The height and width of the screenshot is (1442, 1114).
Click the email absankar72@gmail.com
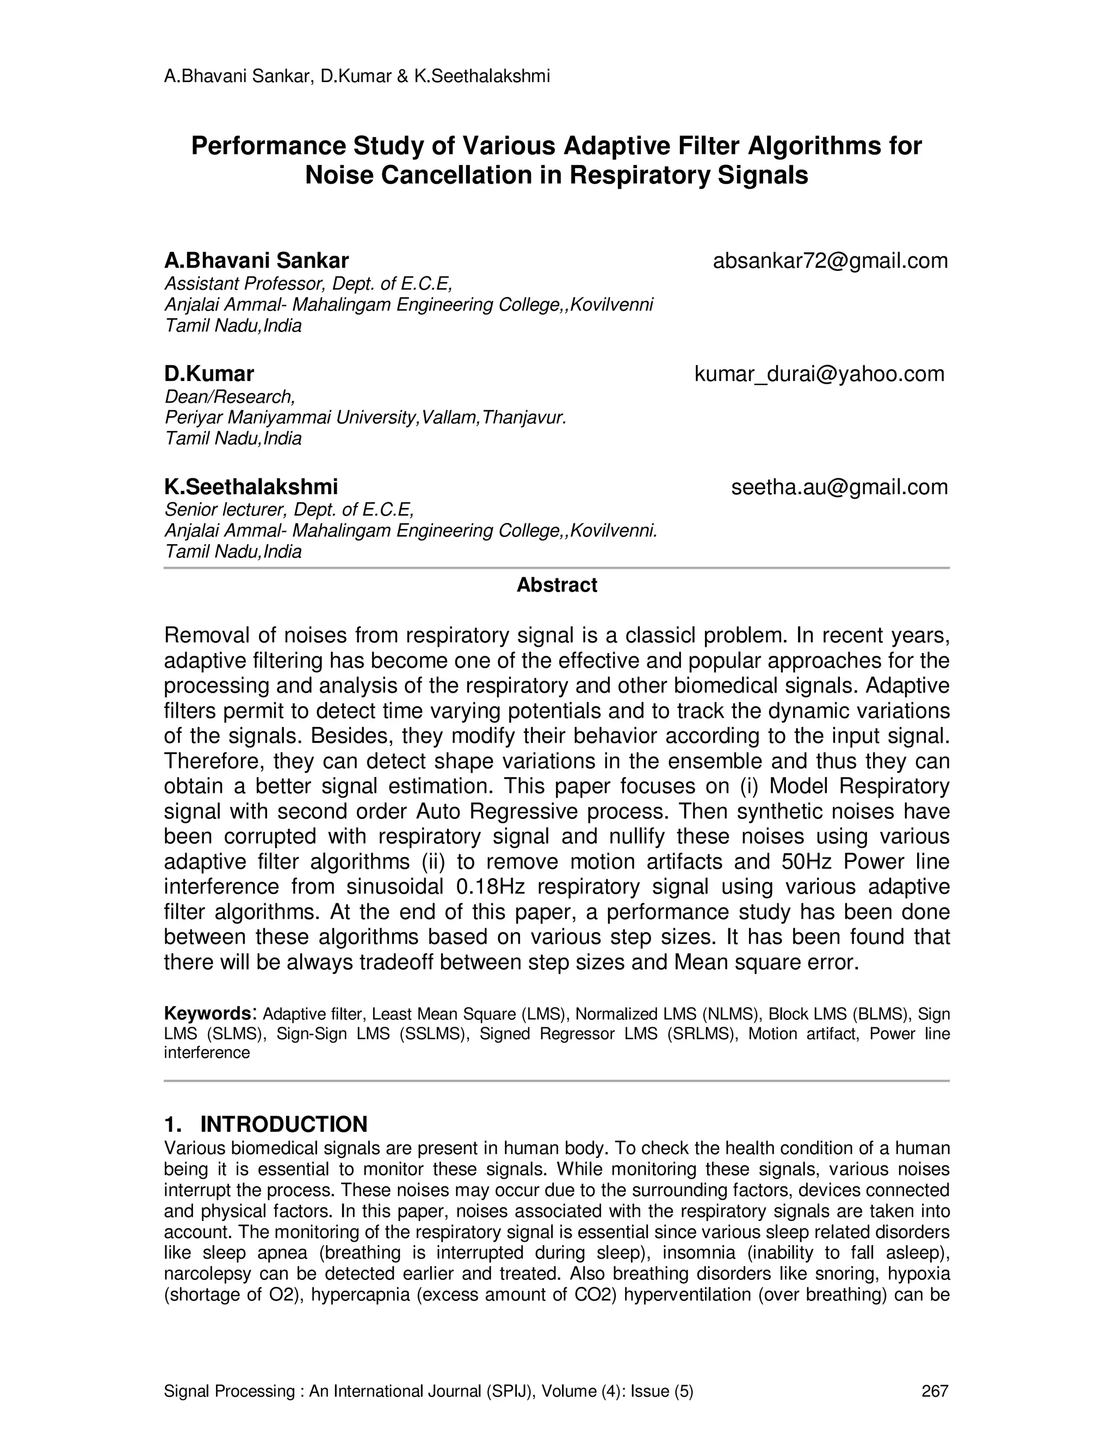tap(830, 261)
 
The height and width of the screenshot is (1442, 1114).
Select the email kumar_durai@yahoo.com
tap(819, 374)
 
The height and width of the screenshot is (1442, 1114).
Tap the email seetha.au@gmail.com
tap(839, 486)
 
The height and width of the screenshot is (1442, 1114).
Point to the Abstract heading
tap(556, 585)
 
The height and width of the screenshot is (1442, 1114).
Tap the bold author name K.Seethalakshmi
tap(251, 486)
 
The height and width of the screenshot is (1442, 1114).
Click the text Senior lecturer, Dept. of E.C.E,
tap(289, 510)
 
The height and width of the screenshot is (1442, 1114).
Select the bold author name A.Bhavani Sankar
tap(256, 261)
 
